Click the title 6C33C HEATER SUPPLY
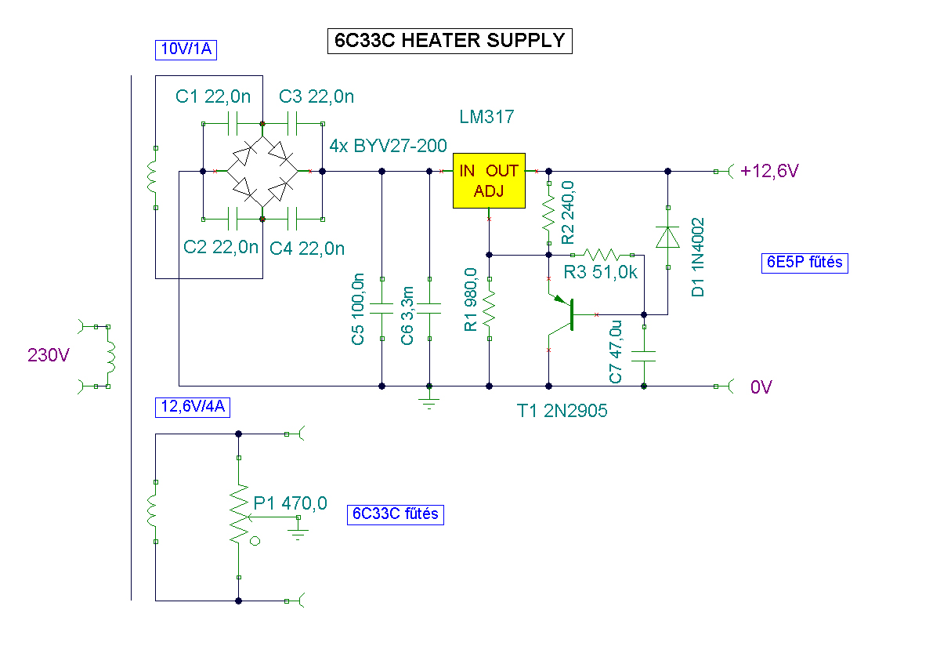[x=450, y=41]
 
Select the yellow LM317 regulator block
[x=489, y=180]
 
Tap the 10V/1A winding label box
[x=186, y=50]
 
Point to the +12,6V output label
[x=769, y=171]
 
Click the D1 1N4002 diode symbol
[x=667, y=237]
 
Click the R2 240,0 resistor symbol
[x=549, y=212]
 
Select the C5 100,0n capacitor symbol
[x=381, y=308]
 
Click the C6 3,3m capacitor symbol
[x=429, y=308]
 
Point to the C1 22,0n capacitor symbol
[x=233, y=123]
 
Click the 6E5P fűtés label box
[x=805, y=263]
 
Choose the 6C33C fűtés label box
[x=396, y=514]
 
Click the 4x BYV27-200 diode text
[x=388, y=146]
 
